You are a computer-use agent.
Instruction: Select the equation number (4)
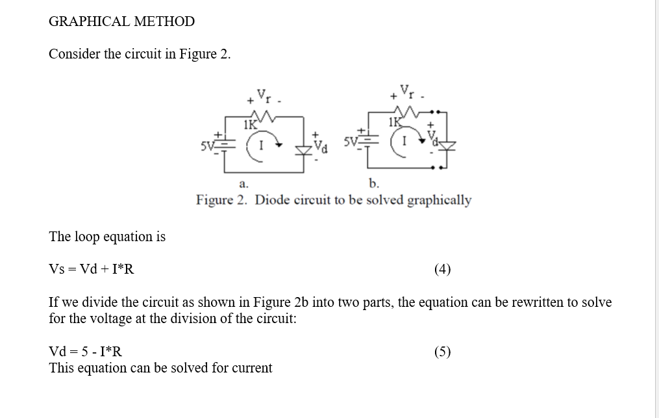tap(442, 269)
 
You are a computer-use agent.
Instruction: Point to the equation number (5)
tap(442, 352)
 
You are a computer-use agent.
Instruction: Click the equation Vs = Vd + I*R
tap(92, 269)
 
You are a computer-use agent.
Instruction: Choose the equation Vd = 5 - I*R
tap(86, 352)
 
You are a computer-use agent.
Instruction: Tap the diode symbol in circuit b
tap(444, 144)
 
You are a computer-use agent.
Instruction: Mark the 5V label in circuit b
tap(350, 141)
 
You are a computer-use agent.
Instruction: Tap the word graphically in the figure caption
tap(439, 200)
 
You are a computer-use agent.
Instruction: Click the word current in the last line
tap(251, 368)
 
